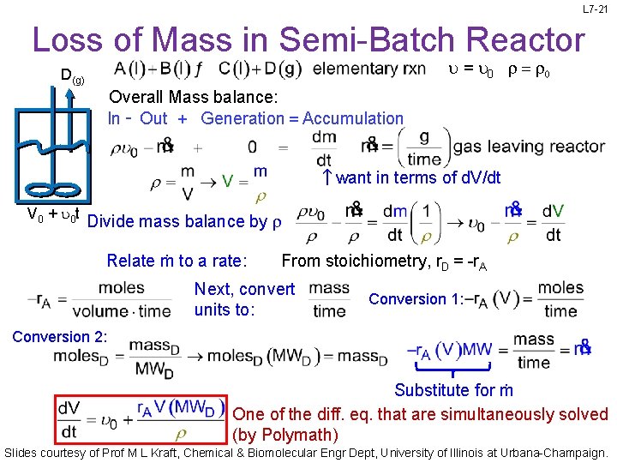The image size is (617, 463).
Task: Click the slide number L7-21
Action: pos(594,9)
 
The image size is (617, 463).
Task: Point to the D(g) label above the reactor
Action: pos(71,76)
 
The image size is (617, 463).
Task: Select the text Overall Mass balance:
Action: pos(194,96)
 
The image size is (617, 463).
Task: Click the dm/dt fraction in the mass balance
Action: pos(323,147)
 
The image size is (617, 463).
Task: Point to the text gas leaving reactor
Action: pos(529,147)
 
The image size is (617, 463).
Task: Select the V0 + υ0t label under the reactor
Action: pos(42,214)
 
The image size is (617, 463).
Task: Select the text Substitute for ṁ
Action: pos(453,390)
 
